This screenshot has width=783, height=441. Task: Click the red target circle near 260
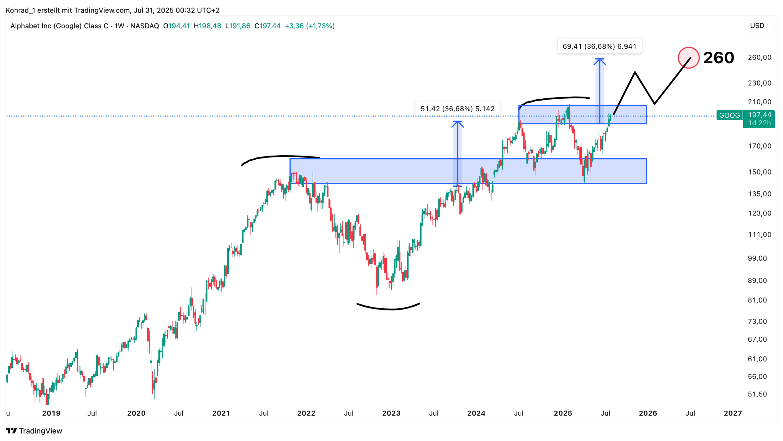point(688,57)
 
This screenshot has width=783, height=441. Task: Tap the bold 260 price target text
point(718,57)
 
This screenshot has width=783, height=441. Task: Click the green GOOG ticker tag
point(729,115)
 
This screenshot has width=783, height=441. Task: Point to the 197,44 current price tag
point(759,115)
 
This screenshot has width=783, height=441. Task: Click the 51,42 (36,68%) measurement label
point(457,109)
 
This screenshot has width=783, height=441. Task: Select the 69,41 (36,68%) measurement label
point(599,46)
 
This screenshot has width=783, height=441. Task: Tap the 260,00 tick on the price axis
point(759,57)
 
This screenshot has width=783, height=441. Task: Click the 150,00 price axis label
point(759,172)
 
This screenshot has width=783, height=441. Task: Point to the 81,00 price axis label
point(757,300)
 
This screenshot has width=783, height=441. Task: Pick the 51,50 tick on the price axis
point(757,394)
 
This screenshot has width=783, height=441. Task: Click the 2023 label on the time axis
point(391,413)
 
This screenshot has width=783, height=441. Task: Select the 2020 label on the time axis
point(136,413)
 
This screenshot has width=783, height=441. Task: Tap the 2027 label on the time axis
point(733,413)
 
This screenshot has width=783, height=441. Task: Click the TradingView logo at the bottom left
point(34,431)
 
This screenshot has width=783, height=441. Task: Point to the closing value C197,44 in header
point(267,26)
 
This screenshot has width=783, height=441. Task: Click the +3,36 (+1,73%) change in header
point(310,26)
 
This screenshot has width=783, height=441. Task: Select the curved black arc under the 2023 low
point(388,308)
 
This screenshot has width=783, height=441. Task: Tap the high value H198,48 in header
point(207,26)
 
